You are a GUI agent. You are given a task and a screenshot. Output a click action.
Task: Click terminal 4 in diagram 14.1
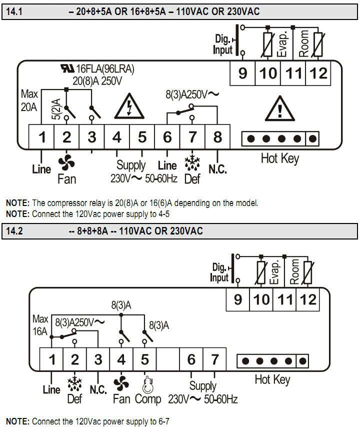(x=117, y=136)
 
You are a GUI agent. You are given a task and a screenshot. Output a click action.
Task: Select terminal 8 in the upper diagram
(x=217, y=136)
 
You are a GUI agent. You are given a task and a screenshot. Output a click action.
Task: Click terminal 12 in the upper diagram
(x=318, y=73)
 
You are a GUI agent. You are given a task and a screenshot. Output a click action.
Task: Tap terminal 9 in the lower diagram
(x=238, y=300)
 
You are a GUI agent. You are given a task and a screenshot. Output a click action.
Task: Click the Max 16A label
(x=40, y=324)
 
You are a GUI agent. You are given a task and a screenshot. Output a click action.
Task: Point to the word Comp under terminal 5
(x=148, y=398)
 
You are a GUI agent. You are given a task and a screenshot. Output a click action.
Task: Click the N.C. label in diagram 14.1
(x=217, y=169)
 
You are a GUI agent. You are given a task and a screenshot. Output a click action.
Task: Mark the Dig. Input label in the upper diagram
(x=223, y=44)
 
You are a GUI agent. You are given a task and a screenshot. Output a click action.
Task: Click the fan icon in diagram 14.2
(x=120, y=383)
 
